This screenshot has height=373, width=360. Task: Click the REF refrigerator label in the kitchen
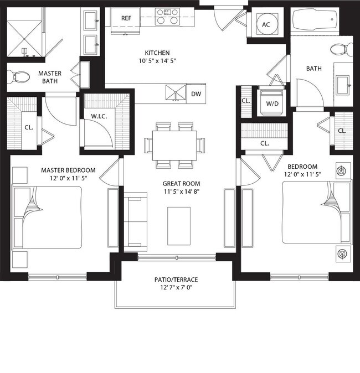point(126,18)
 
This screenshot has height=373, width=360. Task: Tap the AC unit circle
point(265,24)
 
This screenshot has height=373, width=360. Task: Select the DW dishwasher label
point(196,94)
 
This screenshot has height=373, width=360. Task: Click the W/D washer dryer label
point(272,103)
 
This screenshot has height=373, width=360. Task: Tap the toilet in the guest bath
point(337,50)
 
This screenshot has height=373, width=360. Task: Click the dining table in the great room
point(174,144)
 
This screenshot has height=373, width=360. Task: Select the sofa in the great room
point(135,221)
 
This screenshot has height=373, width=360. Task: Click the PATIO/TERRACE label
point(176,279)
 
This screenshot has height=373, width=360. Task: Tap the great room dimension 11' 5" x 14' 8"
point(181,191)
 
